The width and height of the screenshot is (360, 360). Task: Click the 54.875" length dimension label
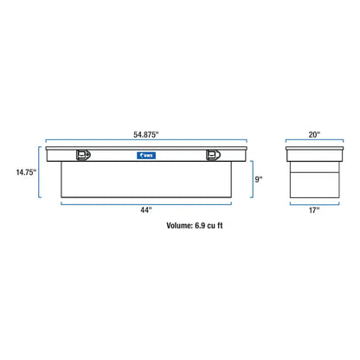(x=146, y=135)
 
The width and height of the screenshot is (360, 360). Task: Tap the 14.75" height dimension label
(x=26, y=172)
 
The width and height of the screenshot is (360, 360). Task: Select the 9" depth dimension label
(x=259, y=179)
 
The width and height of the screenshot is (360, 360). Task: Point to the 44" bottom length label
(x=146, y=210)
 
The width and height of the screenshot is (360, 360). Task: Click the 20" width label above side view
(x=314, y=135)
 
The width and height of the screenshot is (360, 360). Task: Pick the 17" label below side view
(x=314, y=210)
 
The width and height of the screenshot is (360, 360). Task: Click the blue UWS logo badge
(x=146, y=156)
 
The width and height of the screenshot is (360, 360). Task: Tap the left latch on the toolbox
(x=83, y=155)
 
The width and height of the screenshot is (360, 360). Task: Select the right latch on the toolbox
(x=213, y=155)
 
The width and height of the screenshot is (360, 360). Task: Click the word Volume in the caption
(x=179, y=226)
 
